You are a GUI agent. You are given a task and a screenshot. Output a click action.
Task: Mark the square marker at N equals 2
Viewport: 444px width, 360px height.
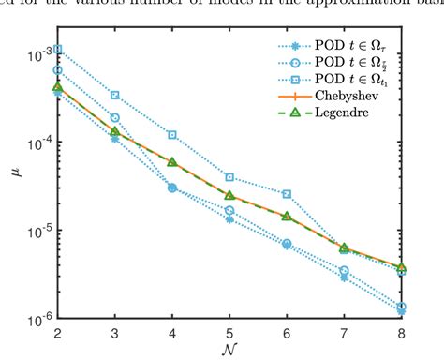58,49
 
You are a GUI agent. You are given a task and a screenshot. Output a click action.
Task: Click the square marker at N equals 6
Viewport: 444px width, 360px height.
287,194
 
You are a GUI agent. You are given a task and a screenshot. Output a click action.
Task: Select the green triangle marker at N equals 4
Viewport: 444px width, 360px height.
172,161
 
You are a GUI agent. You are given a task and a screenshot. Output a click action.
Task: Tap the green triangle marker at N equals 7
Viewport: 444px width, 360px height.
344,248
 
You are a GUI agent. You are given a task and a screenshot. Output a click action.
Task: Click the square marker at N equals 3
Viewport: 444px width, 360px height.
115,95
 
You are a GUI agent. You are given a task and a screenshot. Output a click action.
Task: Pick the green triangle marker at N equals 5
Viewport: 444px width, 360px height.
229,195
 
